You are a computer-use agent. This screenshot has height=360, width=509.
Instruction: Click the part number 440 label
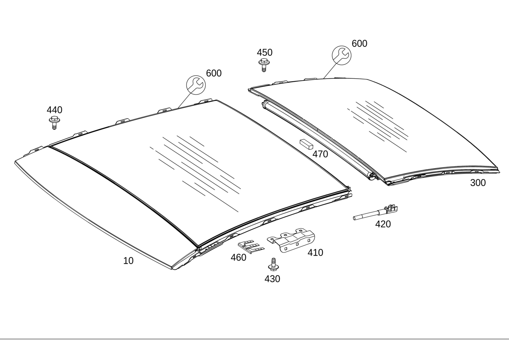pyautogui.click(x=55, y=110)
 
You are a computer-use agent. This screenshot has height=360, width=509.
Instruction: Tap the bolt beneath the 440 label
pyautogui.click(x=54, y=123)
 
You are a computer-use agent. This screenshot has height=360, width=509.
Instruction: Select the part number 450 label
pyautogui.click(x=265, y=53)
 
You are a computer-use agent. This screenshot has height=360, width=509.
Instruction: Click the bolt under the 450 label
pyautogui.click(x=264, y=65)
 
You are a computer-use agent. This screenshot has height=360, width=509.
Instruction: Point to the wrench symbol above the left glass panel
pyautogui.click(x=196, y=85)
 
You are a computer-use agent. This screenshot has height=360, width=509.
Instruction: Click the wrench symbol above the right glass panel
pyautogui.click(x=342, y=55)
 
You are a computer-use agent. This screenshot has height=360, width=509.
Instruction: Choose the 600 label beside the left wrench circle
pyautogui.click(x=214, y=73)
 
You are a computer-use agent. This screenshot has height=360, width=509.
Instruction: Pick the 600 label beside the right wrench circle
pyautogui.click(x=359, y=43)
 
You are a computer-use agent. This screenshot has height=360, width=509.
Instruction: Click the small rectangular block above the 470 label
pyautogui.click(x=307, y=144)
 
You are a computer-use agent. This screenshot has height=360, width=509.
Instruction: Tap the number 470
pyautogui.click(x=321, y=154)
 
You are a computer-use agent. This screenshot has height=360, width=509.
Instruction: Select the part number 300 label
pyautogui.click(x=478, y=183)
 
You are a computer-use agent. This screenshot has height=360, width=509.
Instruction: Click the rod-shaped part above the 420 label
pyautogui.click(x=375, y=212)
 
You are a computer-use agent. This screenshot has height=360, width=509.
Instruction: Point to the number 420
pyautogui.click(x=383, y=224)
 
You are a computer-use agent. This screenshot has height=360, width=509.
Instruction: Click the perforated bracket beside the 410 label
pyautogui.click(x=291, y=240)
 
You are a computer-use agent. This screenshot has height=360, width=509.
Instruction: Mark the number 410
pyautogui.click(x=316, y=252)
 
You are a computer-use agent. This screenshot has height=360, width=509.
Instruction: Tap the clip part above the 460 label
pyautogui.click(x=251, y=247)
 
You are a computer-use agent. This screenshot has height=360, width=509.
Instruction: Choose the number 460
pyautogui.click(x=239, y=258)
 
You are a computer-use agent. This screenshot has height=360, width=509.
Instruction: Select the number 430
pyautogui.click(x=272, y=279)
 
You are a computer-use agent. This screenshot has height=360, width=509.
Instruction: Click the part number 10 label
pyautogui.click(x=128, y=261)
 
